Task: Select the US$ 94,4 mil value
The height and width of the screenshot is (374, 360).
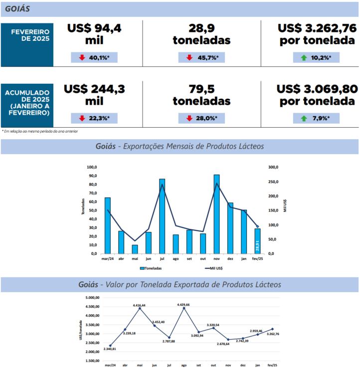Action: pos(94,34)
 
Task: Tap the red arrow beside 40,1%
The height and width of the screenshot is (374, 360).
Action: pos(83,58)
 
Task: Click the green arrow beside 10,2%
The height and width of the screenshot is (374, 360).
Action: pos(304,58)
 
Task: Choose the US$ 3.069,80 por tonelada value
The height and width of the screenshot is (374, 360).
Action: pos(317,95)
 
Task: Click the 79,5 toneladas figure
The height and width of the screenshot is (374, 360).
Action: pos(201,95)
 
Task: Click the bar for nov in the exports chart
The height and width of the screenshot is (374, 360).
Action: pos(216,214)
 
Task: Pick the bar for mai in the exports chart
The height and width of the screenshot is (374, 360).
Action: pos(135,249)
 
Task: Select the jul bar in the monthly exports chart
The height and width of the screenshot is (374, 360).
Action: pos(162,216)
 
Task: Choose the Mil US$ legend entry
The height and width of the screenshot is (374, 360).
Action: pos(215,268)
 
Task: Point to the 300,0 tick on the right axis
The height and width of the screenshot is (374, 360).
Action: pos(275,167)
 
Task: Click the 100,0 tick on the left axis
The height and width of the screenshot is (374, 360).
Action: pos(91,167)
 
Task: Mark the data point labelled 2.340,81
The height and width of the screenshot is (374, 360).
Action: pos(110,346)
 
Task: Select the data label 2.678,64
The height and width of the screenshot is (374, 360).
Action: pos(226,344)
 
